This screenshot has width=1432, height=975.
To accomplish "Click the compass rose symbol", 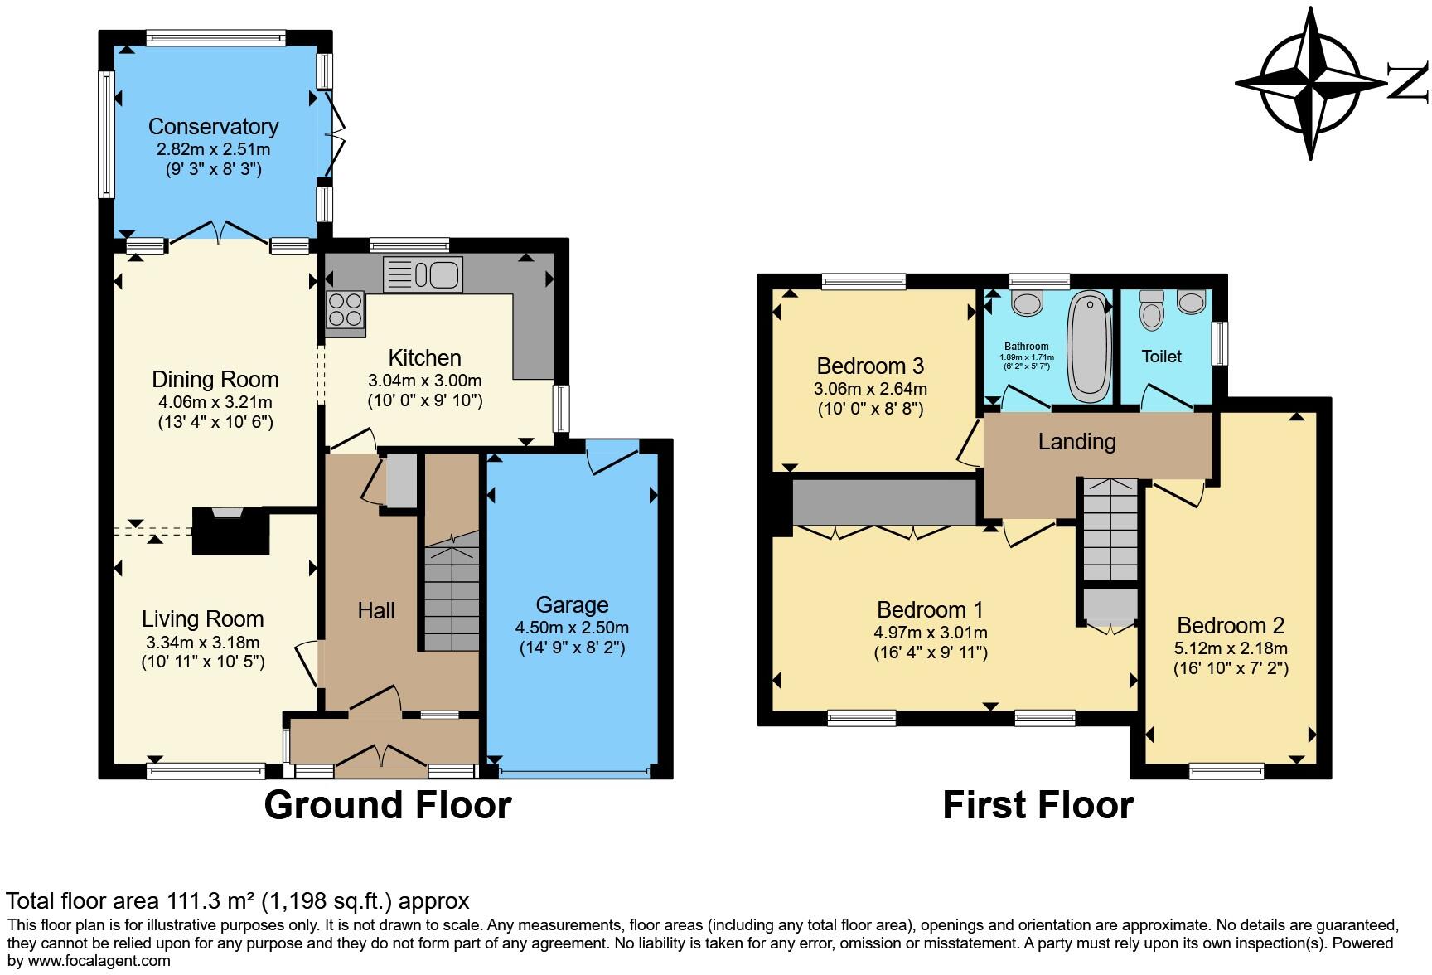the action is point(1311,84).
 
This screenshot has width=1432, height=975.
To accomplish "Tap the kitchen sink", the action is point(423,274).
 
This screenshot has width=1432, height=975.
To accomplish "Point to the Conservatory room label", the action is point(213,127).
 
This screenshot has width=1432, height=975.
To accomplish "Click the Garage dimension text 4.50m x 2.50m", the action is point(572,628).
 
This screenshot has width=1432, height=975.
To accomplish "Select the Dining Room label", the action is point(215,380).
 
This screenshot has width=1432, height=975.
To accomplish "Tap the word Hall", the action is point(376,611).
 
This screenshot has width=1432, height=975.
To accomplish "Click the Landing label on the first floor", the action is point(1077,442).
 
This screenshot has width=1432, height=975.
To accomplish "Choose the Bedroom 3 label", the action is point(870,366).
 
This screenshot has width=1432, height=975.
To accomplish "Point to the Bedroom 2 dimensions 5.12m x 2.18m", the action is point(1231,649).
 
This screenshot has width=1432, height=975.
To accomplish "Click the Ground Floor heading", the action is point(388,805).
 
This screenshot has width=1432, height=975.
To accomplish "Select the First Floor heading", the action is point(1038,805).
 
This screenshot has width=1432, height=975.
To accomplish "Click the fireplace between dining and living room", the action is point(231,531).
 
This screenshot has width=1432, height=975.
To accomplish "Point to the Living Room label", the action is point(203,619).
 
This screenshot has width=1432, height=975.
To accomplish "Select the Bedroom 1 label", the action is point(930,610).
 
